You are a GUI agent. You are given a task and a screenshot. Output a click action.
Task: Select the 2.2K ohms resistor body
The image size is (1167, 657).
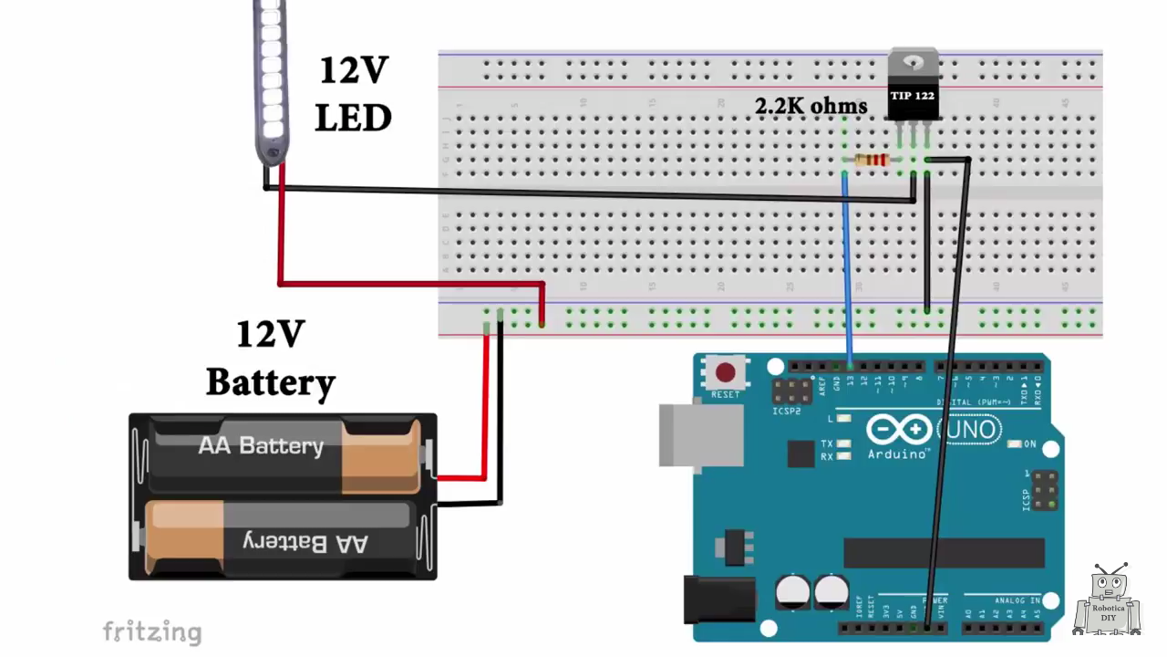tap(873, 161)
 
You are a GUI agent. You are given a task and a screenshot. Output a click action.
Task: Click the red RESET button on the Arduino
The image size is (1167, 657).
tap(726, 372)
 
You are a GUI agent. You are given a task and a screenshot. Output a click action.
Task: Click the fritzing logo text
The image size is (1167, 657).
tap(151, 631)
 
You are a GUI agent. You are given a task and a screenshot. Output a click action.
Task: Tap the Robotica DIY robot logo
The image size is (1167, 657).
tap(1109, 601)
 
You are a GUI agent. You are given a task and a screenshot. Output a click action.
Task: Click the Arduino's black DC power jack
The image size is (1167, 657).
tap(719, 600)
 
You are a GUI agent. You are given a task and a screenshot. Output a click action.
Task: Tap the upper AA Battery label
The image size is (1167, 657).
tap(261, 445)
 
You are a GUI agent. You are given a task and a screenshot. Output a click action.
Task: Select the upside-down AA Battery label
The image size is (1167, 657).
tap(305, 543)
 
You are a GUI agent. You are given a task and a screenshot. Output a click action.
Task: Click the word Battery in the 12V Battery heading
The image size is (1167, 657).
tap(271, 382)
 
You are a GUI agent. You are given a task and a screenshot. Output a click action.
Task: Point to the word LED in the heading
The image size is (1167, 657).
tap(354, 118)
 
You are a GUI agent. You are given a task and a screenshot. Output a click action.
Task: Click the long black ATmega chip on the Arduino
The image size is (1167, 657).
tap(944, 552)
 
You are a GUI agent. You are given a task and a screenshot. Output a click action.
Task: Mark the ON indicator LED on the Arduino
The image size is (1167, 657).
tap(1014, 444)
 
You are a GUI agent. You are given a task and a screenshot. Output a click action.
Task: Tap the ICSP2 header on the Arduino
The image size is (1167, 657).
tap(791, 391)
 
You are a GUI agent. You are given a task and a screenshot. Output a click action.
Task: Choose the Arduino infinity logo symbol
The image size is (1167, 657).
tap(898, 430)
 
